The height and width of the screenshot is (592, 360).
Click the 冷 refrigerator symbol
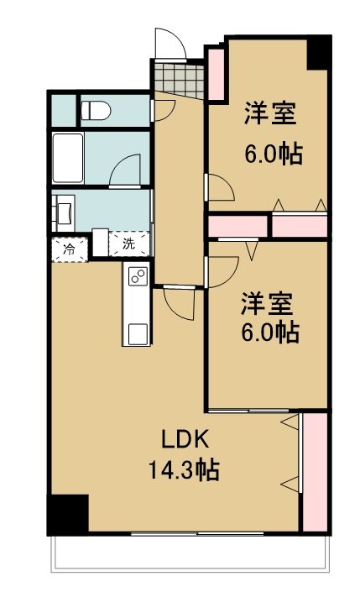coord(69,249)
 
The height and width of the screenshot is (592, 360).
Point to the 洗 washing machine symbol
coord(128,245)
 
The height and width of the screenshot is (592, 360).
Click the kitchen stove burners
coord(138,275)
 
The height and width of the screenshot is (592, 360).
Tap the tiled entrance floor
coord(177,77)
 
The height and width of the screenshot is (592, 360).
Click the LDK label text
coord(179,441)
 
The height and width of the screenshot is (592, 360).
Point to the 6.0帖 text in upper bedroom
coord(273,155)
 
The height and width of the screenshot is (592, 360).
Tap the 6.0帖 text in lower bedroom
coord(271,332)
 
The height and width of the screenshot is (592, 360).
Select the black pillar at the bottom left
coord(67,514)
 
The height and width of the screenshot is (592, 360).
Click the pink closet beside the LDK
coord(314,470)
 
